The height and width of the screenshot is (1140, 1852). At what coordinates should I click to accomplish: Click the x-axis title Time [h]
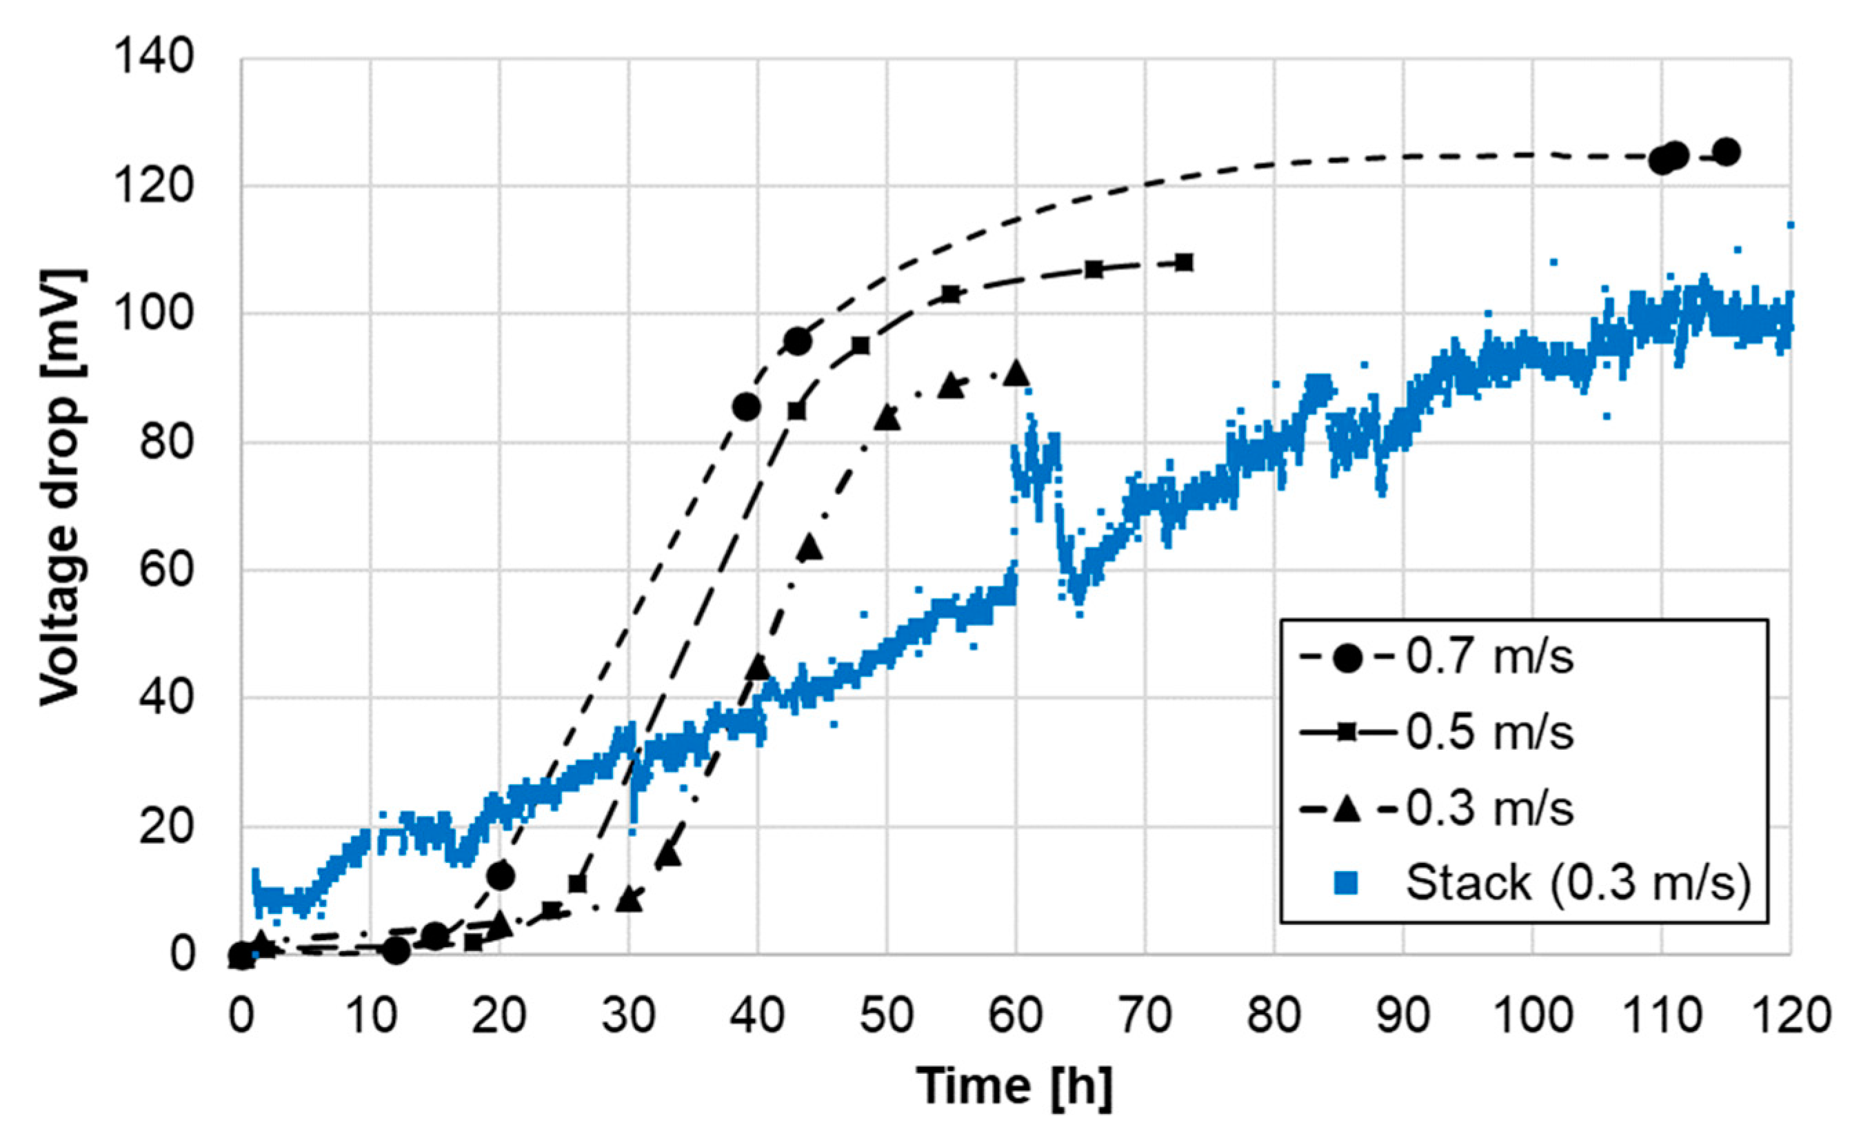pyautogui.click(x=1014, y=1086)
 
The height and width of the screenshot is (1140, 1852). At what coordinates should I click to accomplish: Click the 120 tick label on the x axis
pyautogui.click(x=1789, y=1016)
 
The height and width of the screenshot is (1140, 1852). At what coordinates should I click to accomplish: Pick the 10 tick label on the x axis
pyautogui.click(x=370, y=1016)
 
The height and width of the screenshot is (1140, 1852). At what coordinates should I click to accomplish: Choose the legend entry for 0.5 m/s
pyautogui.click(x=1489, y=733)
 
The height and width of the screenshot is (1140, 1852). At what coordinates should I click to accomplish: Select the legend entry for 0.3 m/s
pyautogui.click(x=1489, y=808)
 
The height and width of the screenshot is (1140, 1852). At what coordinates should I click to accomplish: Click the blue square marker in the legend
pyautogui.click(x=1346, y=883)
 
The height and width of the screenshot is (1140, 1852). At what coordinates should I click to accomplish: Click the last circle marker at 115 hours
pyautogui.click(x=1726, y=152)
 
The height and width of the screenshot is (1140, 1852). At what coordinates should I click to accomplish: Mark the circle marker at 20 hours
pyautogui.click(x=501, y=875)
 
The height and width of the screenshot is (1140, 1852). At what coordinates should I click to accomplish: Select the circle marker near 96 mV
pyautogui.click(x=797, y=342)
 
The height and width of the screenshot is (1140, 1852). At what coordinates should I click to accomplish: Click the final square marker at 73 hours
pyautogui.click(x=1184, y=263)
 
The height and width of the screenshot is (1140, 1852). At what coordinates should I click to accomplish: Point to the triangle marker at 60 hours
pyautogui.click(x=1016, y=372)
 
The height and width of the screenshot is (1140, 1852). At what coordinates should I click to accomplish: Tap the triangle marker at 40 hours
pyautogui.click(x=758, y=667)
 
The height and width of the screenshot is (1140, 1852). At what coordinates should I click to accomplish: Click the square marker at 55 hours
pyautogui.click(x=952, y=294)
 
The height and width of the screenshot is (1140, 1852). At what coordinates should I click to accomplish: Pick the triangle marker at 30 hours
pyautogui.click(x=629, y=899)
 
